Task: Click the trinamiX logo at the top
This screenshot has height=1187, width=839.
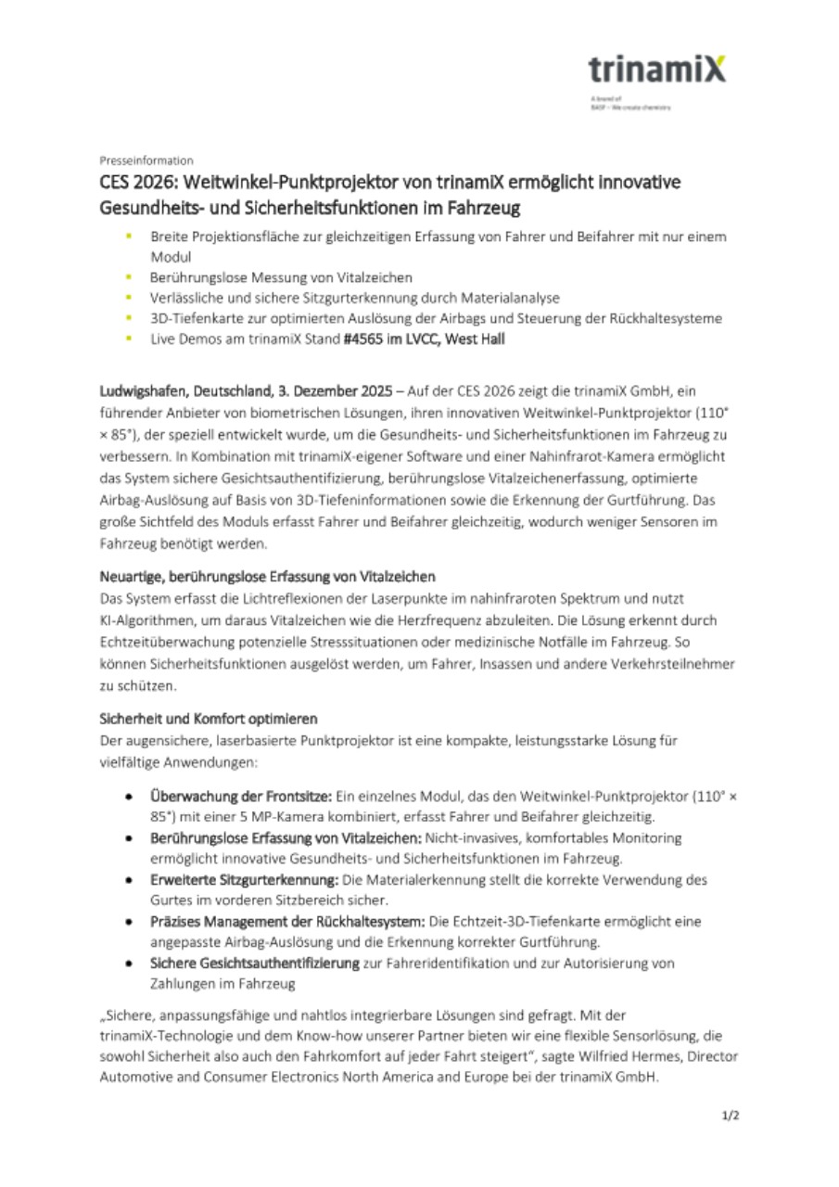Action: (657, 70)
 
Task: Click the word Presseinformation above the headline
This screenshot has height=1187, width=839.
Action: (146, 160)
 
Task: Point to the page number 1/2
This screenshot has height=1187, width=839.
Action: (731, 1116)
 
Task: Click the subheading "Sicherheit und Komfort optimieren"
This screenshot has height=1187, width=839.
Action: (209, 719)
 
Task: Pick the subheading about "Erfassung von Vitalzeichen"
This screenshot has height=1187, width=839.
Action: (267, 577)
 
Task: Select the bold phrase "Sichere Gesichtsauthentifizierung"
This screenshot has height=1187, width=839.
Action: (255, 964)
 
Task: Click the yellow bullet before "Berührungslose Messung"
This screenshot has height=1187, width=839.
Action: (130, 277)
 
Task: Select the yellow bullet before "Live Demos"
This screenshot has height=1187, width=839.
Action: (130, 338)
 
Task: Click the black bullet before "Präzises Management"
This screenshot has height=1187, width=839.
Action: (130, 922)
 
